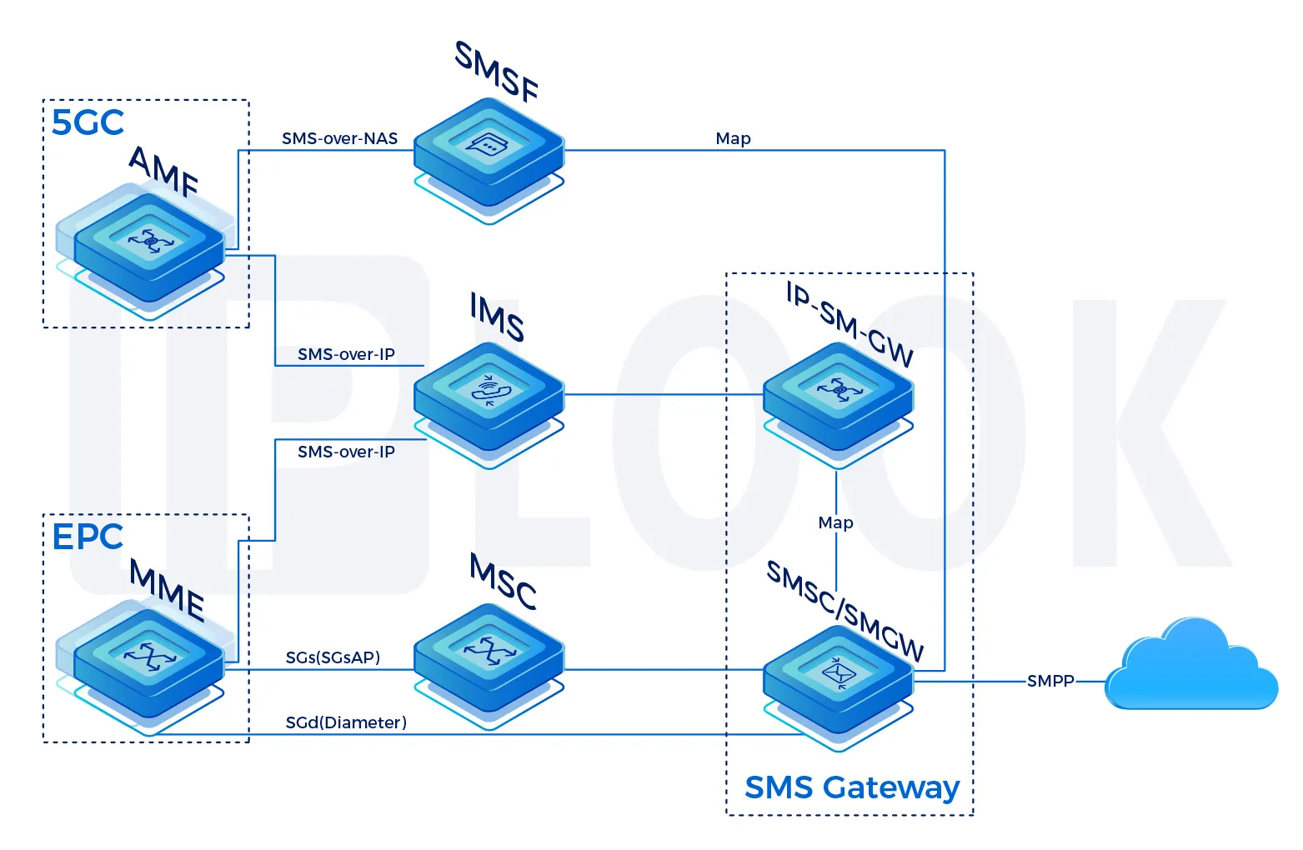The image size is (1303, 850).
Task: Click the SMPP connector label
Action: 1050,681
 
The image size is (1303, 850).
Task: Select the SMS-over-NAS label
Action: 339,138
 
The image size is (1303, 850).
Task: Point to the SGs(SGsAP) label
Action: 333,657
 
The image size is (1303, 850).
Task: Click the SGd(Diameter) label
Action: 346,722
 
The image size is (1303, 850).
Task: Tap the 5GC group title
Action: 88,122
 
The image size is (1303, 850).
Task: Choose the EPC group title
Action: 88,537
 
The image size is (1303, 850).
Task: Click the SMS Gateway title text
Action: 851,787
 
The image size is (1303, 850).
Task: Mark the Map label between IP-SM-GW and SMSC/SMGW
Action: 835,522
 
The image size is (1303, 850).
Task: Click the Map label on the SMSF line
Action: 733,138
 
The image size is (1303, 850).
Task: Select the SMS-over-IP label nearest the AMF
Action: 346,354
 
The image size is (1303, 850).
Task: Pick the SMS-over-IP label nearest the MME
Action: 346,452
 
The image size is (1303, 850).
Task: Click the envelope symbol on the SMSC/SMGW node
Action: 838,671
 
